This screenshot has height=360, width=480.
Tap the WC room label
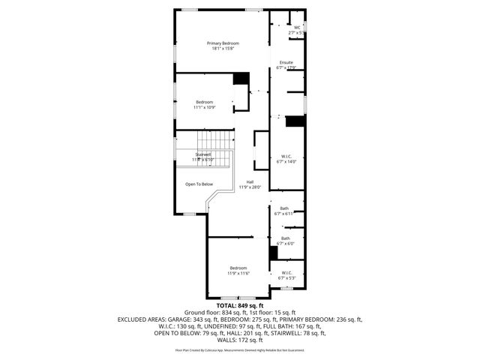point(296,28)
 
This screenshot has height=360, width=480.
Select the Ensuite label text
point(286,62)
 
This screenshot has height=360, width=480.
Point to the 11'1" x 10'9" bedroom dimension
point(205,107)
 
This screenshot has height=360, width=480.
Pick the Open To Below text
point(199,184)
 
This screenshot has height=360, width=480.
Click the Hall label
point(250,181)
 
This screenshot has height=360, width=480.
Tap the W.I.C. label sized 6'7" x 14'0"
point(286,156)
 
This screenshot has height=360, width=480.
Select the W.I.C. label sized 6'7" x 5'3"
point(286,272)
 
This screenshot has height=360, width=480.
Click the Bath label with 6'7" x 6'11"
point(284,208)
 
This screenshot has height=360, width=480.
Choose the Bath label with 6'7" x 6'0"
point(284,238)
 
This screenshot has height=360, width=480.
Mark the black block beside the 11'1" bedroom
point(241,78)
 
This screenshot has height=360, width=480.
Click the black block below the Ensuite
point(295,121)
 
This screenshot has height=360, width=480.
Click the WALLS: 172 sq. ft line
point(240,340)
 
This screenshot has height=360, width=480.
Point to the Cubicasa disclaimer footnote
point(240,350)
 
